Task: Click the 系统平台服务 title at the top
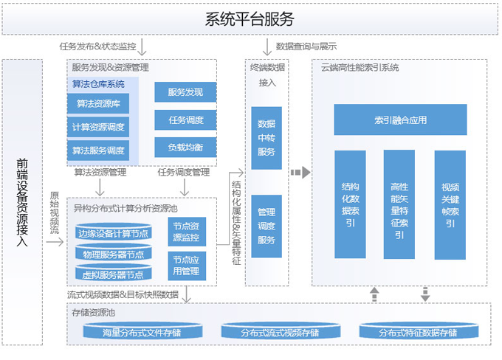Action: (250, 19)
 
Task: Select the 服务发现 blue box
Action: (185, 92)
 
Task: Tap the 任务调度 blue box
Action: (185, 120)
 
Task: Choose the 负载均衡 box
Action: (185, 148)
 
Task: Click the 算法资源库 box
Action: (98, 103)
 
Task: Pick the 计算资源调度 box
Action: (98, 127)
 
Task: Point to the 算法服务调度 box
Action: (98, 150)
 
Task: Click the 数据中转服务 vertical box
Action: (267, 138)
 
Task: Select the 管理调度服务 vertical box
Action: (267, 226)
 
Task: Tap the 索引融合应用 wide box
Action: (400, 120)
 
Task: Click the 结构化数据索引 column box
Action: (350, 204)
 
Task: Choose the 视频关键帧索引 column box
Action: (450, 205)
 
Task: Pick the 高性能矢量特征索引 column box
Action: (399, 204)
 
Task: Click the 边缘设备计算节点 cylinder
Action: (114, 232)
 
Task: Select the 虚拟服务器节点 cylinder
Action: (114, 273)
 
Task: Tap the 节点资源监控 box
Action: (187, 232)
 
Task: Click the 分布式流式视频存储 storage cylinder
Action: (281, 331)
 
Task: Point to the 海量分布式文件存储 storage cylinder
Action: (142, 331)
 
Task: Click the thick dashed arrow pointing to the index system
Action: (300, 173)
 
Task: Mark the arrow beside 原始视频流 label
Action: (55, 242)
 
